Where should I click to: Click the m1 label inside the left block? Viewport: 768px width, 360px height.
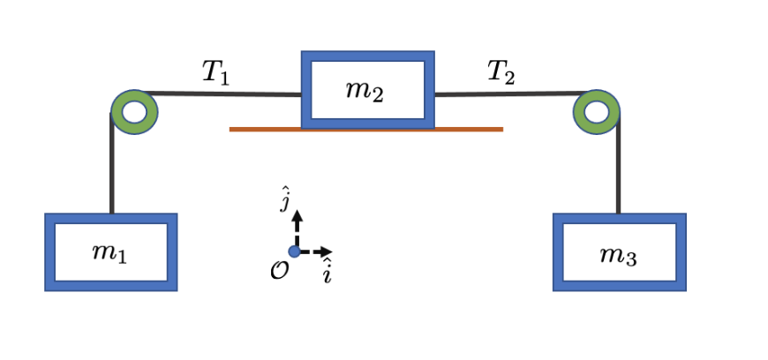(x=109, y=253)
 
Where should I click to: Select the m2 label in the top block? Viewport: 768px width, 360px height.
(x=365, y=91)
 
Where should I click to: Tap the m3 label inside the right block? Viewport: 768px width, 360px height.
(x=618, y=255)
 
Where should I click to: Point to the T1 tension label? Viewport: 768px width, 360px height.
(x=215, y=72)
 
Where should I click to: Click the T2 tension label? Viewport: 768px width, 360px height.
(x=501, y=72)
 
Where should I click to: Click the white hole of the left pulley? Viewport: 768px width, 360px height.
(x=134, y=112)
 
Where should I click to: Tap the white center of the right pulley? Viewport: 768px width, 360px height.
(x=596, y=112)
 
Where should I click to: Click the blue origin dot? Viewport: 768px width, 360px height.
(x=295, y=251)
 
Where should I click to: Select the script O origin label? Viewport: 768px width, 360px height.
(x=279, y=270)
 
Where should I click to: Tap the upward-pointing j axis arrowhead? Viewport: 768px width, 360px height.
(x=297, y=215)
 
